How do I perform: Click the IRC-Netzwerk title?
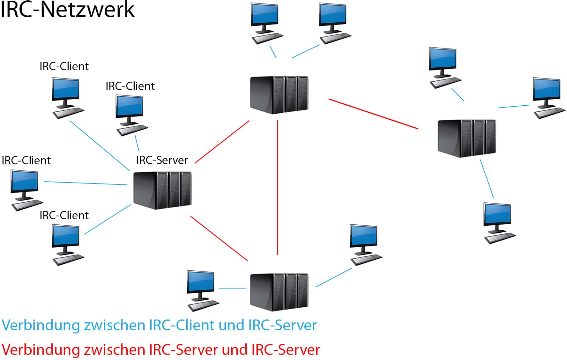click(x=67, y=10)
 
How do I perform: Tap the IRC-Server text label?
click(x=162, y=160)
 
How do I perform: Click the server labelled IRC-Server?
click(x=162, y=191)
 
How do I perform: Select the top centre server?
click(x=279, y=95)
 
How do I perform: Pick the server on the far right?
click(x=467, y=138)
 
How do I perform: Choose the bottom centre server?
click(x=279, y=292)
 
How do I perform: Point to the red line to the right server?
click(x=373, y=114)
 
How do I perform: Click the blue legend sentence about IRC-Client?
click(x=159, y=326)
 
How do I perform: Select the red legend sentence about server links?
click(x=160, y=350)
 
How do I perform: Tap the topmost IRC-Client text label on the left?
click(x=64, y=66)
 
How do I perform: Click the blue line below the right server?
click(x=487, y=179)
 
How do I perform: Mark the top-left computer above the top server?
click(x=266, y=23)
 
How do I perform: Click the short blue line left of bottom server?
click(x=232, y=288)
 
